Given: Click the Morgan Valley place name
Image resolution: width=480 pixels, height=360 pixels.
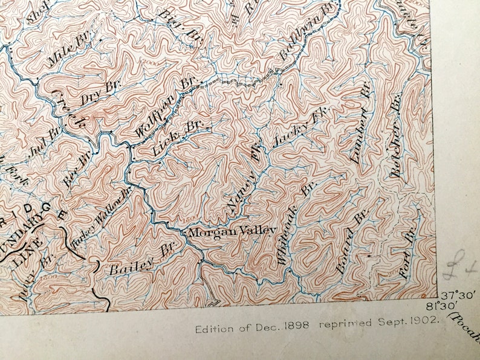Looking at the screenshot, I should pos(232,231).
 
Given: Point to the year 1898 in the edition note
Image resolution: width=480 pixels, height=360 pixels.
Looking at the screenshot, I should pos(296,324).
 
